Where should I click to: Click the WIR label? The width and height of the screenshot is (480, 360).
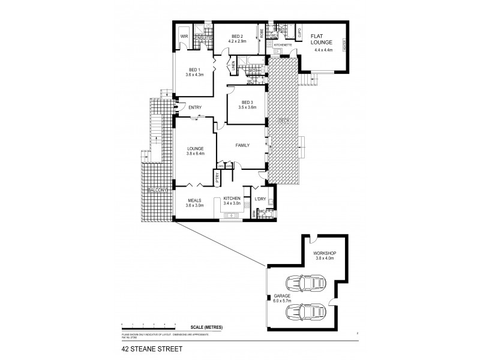[184, 37]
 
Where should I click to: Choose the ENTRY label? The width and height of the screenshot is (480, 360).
[195, 107]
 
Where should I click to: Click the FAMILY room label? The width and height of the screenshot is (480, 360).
[242, 145]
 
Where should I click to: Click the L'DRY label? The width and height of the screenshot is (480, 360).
[260, 199]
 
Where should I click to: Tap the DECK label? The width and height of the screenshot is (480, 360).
[284, 121]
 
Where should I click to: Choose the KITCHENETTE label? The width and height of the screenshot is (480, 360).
[281, 45]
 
